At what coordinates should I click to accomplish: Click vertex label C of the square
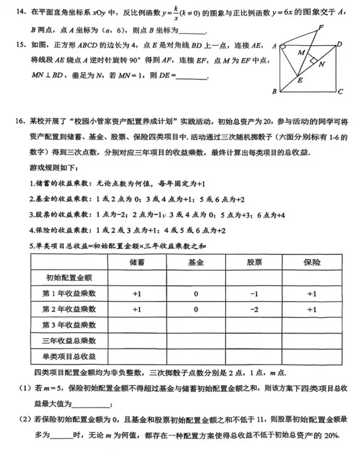tap(341, 92)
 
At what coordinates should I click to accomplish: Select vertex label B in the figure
tap(274, 92)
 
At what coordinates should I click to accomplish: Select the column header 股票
tap(255, 263)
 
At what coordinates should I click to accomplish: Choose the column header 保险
tap(312, 263)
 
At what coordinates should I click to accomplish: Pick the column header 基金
tap(196, 263)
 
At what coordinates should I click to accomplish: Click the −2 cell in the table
tap(255, 309)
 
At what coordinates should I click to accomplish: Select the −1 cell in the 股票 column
tap(255, 294)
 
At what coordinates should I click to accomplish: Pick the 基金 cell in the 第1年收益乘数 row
tap(196, 294)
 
